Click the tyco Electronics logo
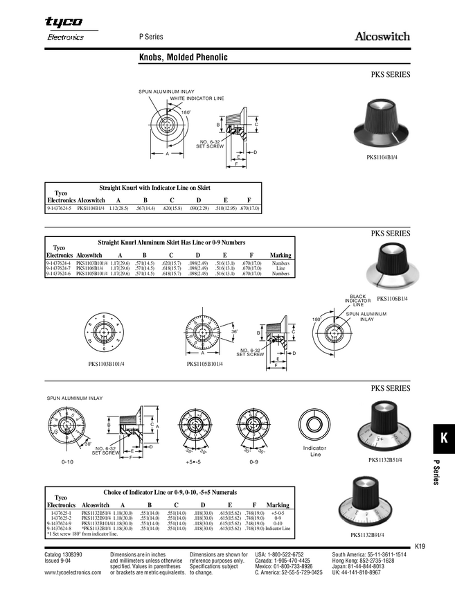coord(64,29)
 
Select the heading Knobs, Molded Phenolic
coord(184,59)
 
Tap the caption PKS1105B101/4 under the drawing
coord(204,364)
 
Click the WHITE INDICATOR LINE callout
coord(197,99)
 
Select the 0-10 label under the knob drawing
coord(67,461)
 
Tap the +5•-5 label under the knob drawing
coord(193,461)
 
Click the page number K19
coord(420,546)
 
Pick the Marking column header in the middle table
coord(280,255)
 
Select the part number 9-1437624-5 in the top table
coord(59,208)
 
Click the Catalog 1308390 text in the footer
coord(63,555)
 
